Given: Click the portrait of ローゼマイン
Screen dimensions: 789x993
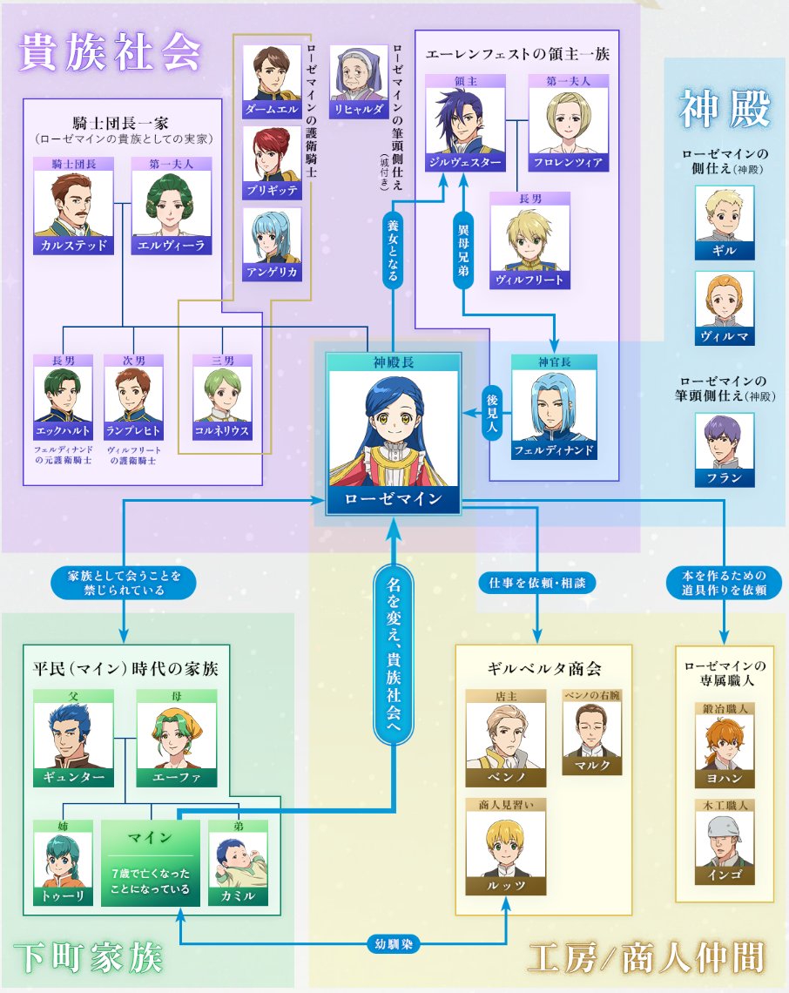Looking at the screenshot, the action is pyautogui.click(x=394, y=429).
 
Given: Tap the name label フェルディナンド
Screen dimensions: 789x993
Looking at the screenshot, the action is pyautogui.click(x=554, y=450).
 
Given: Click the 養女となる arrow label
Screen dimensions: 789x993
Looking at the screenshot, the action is pyautogui.click(x=393, y=252).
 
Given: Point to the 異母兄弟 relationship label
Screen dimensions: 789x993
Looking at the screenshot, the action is pyautogui.click(x=463, y=251).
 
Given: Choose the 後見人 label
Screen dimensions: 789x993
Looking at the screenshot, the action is pyautogui.click(x=492, y=412).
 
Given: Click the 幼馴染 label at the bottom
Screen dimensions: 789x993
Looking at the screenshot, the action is pyautogui.click(x=394, y=944).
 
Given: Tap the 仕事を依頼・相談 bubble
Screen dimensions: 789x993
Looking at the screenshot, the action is pyautogui.click(x=537, y=583).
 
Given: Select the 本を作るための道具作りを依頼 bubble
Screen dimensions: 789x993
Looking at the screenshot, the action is pyautogui.click(x=724, y=583).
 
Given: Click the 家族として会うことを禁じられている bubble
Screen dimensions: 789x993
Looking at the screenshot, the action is pyautogui.click(x=124, y=583).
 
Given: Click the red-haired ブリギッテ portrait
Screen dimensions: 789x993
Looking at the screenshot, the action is pyautogui.click(x=272, y=154).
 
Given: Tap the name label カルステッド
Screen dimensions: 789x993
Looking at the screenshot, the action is pyautogui.click(x=73, y=245).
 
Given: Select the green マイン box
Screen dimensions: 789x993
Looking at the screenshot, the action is pyautogui.click(x=151, y=863).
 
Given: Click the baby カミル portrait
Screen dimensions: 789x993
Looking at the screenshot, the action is pyautogui.click(x=238, y=860).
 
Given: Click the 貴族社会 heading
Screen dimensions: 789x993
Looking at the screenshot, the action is pyautogui.click(x=110, y=52).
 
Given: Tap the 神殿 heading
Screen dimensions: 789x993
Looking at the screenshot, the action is pyautogui.click(x=725, y=108).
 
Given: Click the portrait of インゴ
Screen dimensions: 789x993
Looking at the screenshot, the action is pyautogui.click(x=725, y=839).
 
